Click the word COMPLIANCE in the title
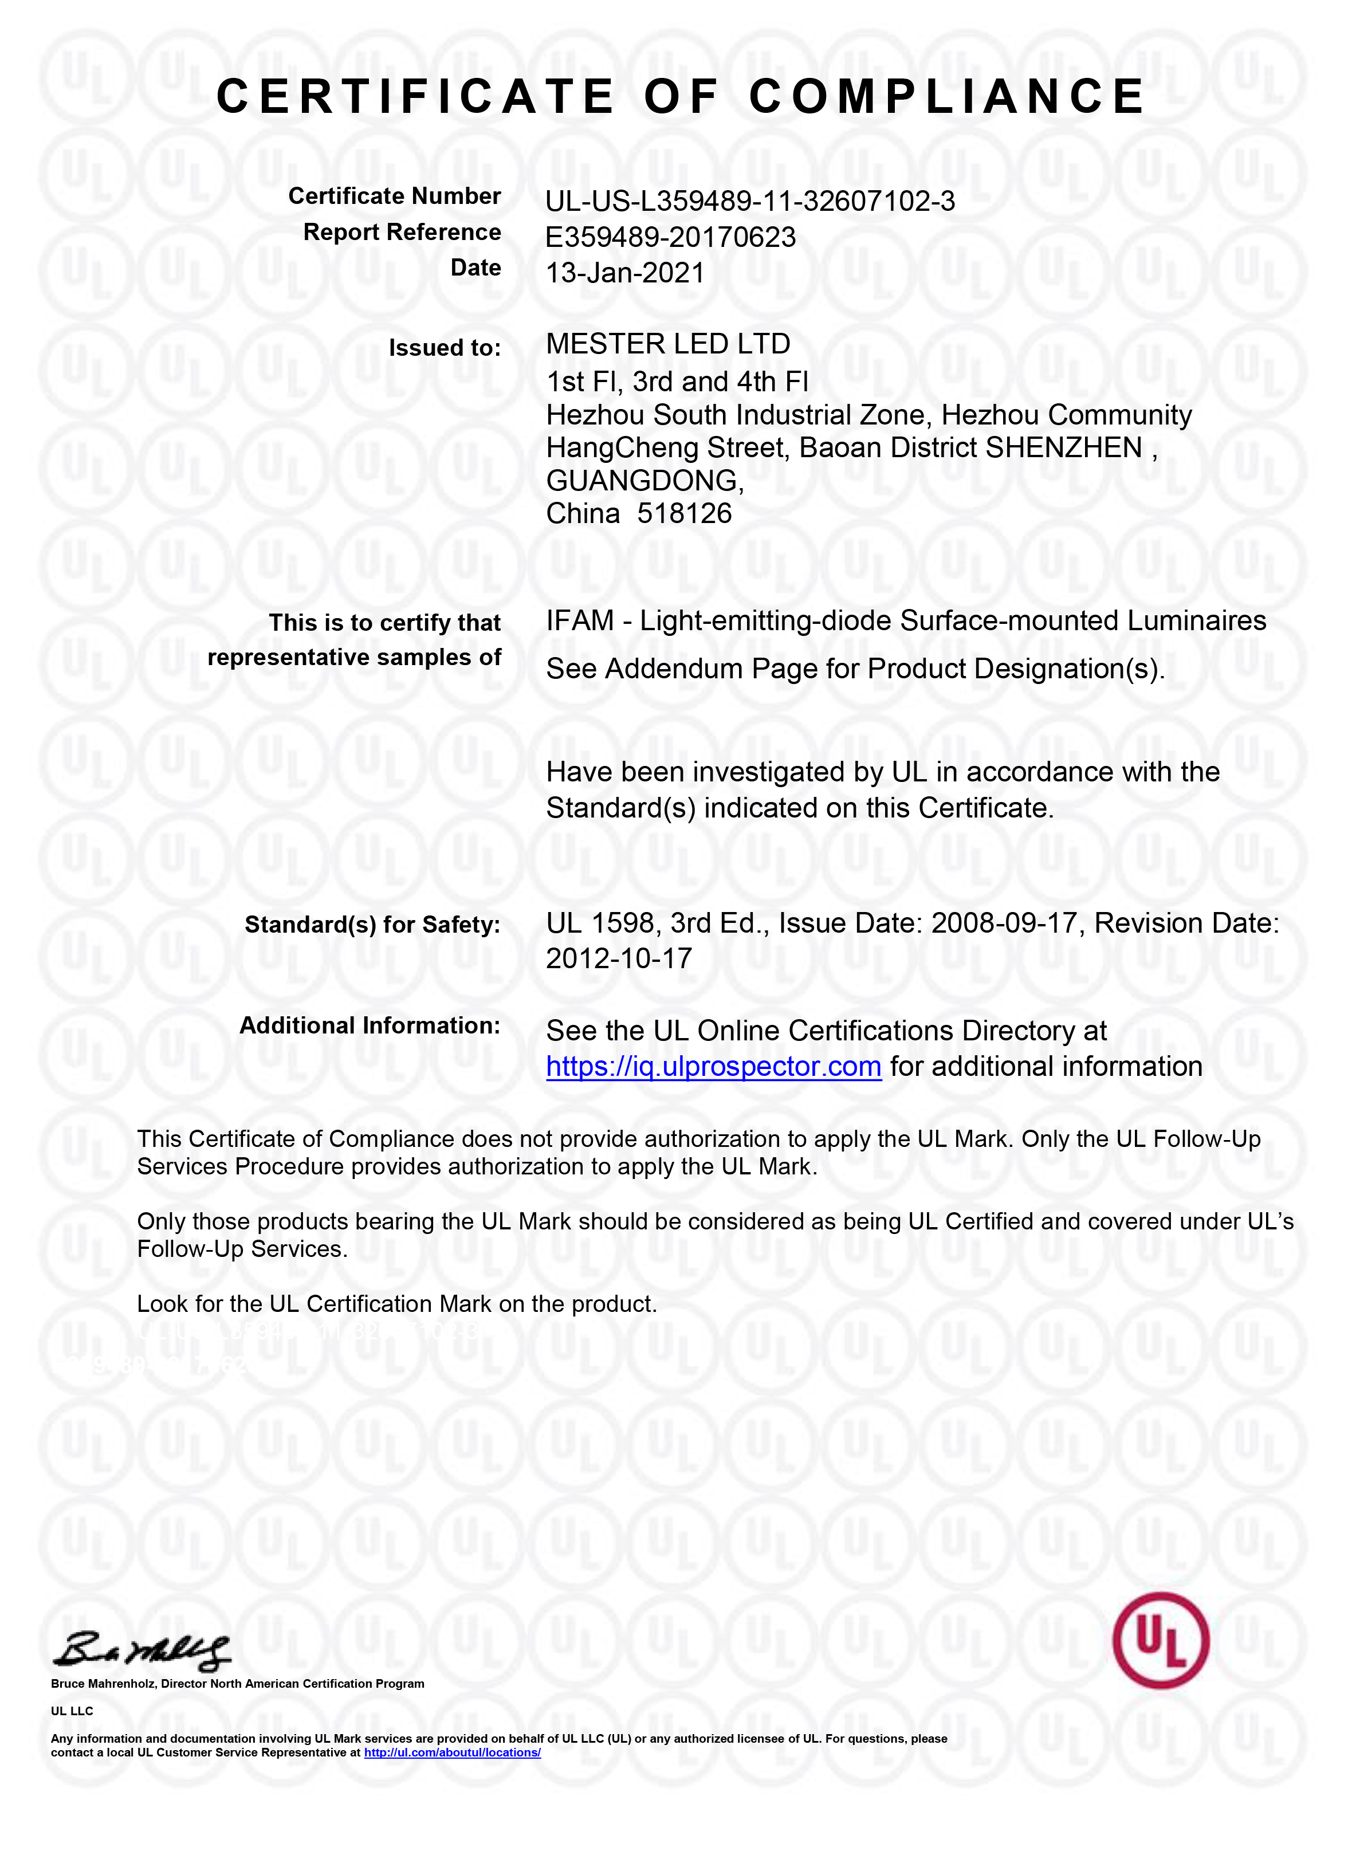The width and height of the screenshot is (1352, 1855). point(947,97)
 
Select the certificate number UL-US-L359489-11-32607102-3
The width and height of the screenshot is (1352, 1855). point(750,201)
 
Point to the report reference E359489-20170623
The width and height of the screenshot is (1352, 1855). point(670,237)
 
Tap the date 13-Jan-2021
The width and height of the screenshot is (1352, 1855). point(624,273)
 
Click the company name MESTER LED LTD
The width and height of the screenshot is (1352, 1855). point(668,344)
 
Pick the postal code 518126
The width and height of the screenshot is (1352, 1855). point(684,514)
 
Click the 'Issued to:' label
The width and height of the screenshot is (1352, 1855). point(445,348)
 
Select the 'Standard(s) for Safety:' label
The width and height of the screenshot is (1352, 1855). point(372,925)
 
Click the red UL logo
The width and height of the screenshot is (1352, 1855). point(1161,1641)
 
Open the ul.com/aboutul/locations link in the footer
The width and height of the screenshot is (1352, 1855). point(452,1752)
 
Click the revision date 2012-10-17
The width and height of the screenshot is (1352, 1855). point(619,958)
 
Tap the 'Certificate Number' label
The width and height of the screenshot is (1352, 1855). point(395,196)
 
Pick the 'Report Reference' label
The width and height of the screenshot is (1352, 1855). point(402,233)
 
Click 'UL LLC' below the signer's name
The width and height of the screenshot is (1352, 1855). point(72,1711)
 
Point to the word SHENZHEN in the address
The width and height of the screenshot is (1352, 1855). point(1064,447)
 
